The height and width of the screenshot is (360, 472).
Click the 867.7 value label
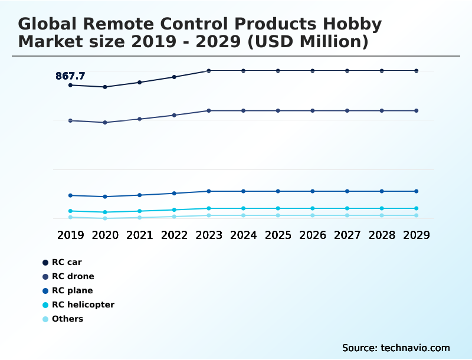[x=70, y=76]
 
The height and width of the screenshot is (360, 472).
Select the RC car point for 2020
[x=105, y=87]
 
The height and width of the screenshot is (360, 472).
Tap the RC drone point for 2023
[x=209, y=110]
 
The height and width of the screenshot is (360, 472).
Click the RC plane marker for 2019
[x=70, y=195]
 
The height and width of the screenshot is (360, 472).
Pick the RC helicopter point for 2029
[x=417, y=208]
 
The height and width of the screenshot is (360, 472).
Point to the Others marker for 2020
[x=105, y=218]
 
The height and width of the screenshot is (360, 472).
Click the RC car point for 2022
[x=174, y=77]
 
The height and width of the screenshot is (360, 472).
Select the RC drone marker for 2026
[x=313, y=110]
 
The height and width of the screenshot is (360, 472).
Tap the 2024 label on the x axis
[x=243, y=235]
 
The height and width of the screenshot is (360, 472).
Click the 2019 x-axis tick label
[x=70, y=235]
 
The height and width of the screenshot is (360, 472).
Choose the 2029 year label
[x=417, y=235]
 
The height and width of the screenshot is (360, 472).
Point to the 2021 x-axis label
[x=140, y=235]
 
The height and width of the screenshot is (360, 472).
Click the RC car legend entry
[x=66, y=262]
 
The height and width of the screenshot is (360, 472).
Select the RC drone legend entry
[x=73, y=276]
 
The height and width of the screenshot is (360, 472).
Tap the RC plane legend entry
[x=72, y=290]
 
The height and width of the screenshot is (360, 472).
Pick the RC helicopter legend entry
[x=83, y=305]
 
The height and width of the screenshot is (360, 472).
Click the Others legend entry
[x=67, y=319]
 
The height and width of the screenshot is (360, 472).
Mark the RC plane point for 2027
[x=347, y=191]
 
